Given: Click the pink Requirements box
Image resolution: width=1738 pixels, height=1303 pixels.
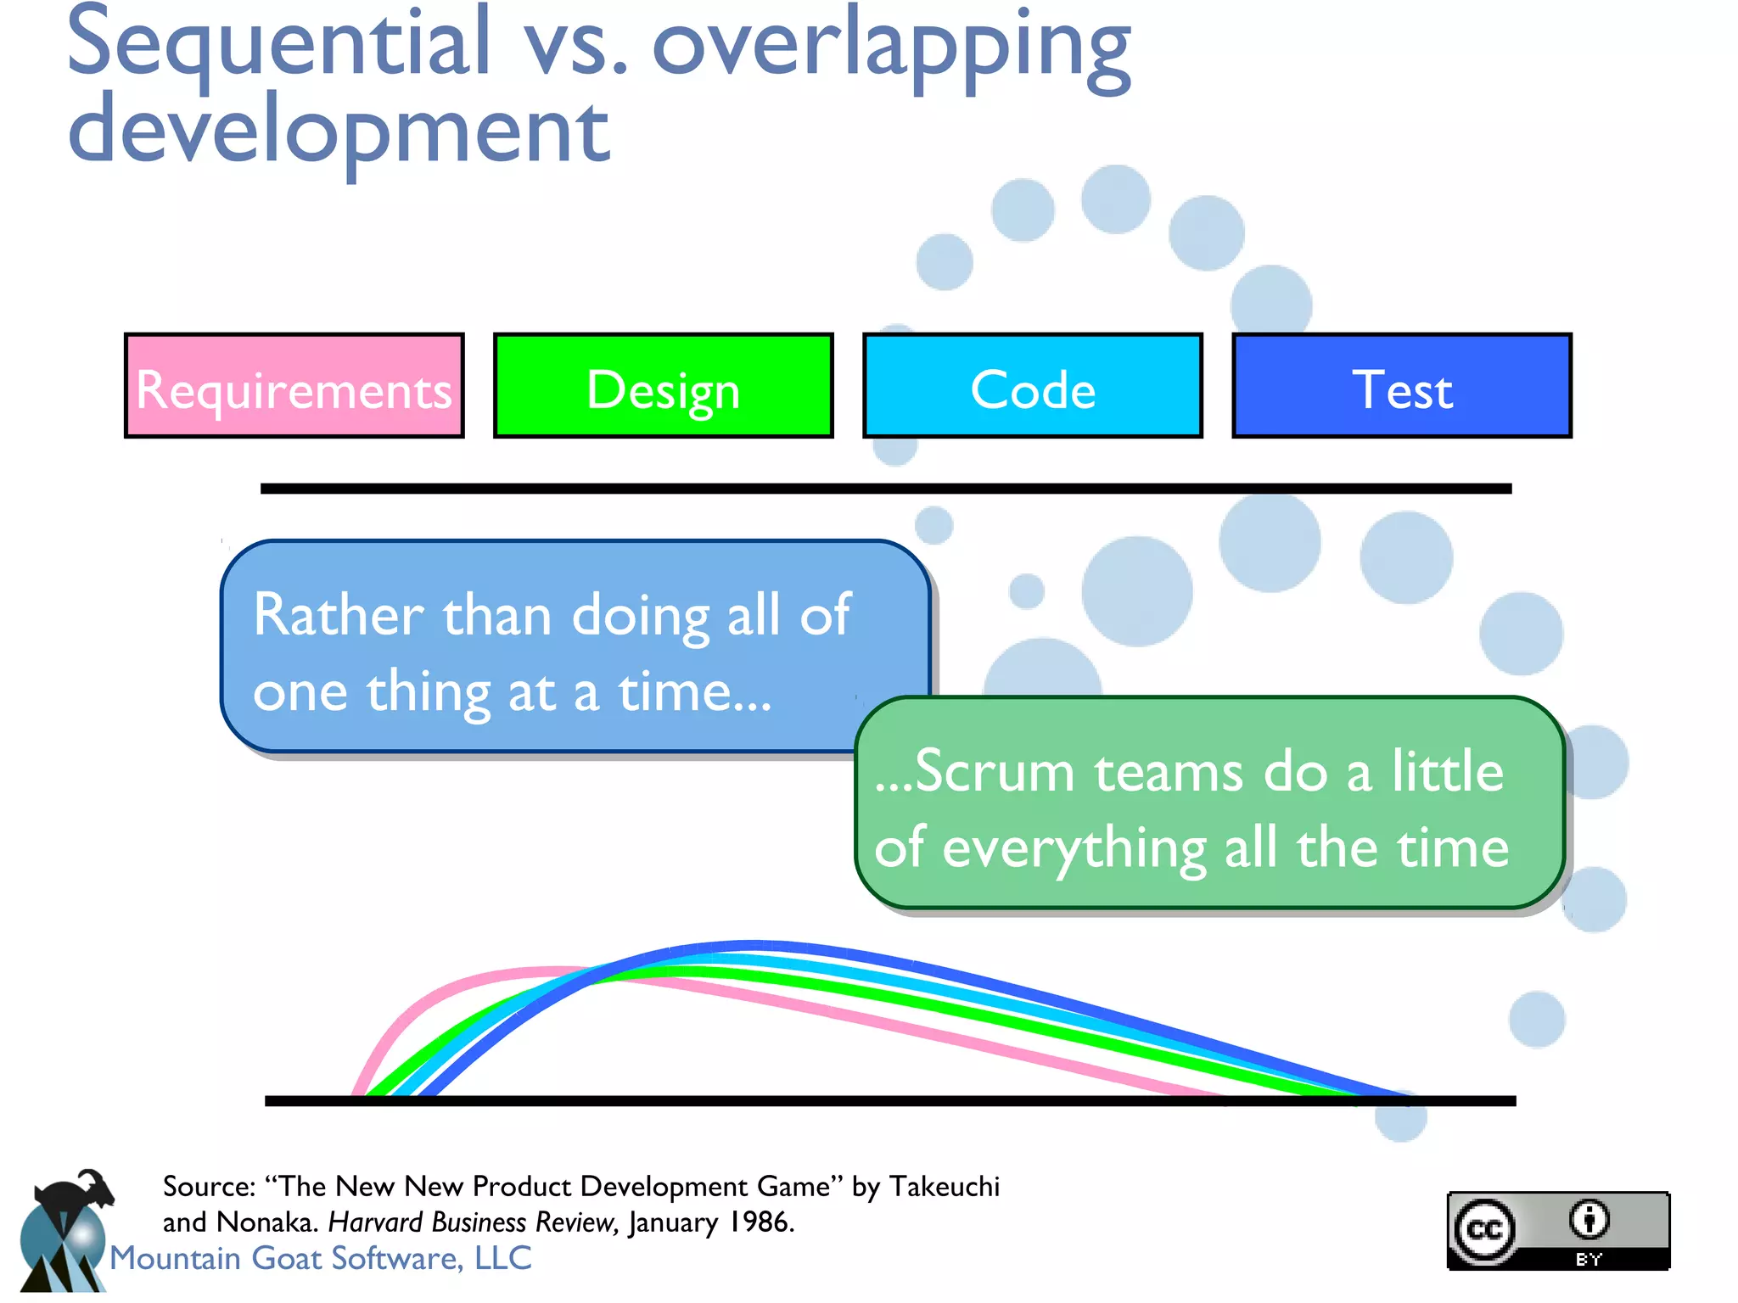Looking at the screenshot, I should [294, 387].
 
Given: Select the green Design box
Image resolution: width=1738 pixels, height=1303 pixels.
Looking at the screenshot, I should [663, 387].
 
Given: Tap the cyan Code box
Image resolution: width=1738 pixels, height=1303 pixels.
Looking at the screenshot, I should [1032, 387].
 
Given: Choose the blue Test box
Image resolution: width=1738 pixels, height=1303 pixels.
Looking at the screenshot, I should [1401, 387].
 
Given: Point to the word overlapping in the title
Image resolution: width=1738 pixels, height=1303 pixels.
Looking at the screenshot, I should [891, 47].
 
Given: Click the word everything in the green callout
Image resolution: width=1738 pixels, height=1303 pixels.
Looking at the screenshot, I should [1074, 848].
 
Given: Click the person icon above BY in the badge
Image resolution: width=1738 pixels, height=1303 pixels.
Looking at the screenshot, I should [1589, 1220].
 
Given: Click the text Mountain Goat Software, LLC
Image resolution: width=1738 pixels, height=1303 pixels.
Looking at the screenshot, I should [321, 1258].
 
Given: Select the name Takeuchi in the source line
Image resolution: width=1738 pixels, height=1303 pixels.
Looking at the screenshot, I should [944, 1186].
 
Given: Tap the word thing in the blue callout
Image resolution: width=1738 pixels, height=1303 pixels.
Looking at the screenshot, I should [429, 692].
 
